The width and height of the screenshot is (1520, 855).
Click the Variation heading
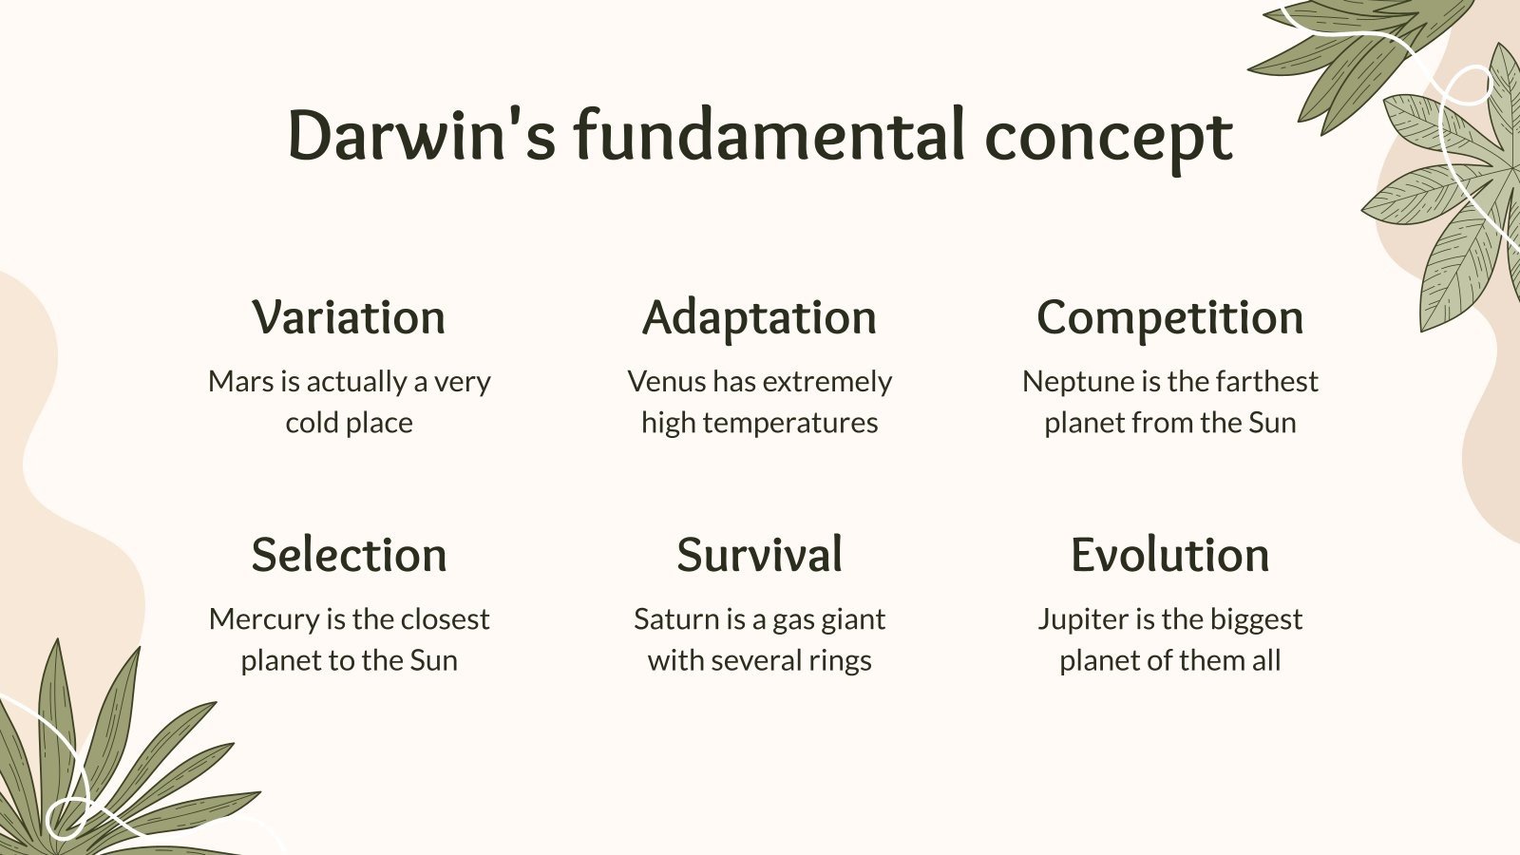(x=349, y=317)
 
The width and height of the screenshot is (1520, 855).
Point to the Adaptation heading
(x=759, y=318)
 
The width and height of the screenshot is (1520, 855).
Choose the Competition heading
(x=1169, y=317)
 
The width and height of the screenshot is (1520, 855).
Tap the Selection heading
(x=349, y=555)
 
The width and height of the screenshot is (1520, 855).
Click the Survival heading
(x=759, y=555)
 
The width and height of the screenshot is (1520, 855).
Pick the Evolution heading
(x=1169, y=555)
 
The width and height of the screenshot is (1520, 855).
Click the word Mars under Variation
(x=240, y=382)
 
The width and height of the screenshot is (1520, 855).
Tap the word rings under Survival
(x=841, y=661)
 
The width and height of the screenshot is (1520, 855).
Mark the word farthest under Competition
(x=1266, y=382)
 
